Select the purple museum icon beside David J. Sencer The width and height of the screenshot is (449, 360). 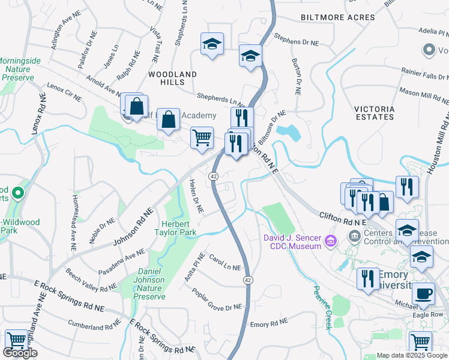[x=329, y=241]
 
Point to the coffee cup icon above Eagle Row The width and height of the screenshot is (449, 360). [x=424, y=293]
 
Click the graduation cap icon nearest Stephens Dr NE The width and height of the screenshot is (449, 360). [x=251, y=56]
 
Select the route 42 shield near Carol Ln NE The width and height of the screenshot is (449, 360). [x=247, y=280]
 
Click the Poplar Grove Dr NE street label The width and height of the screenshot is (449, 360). [x=216, y=299]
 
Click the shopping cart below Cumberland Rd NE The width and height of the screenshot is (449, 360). [x=16, y=341]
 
